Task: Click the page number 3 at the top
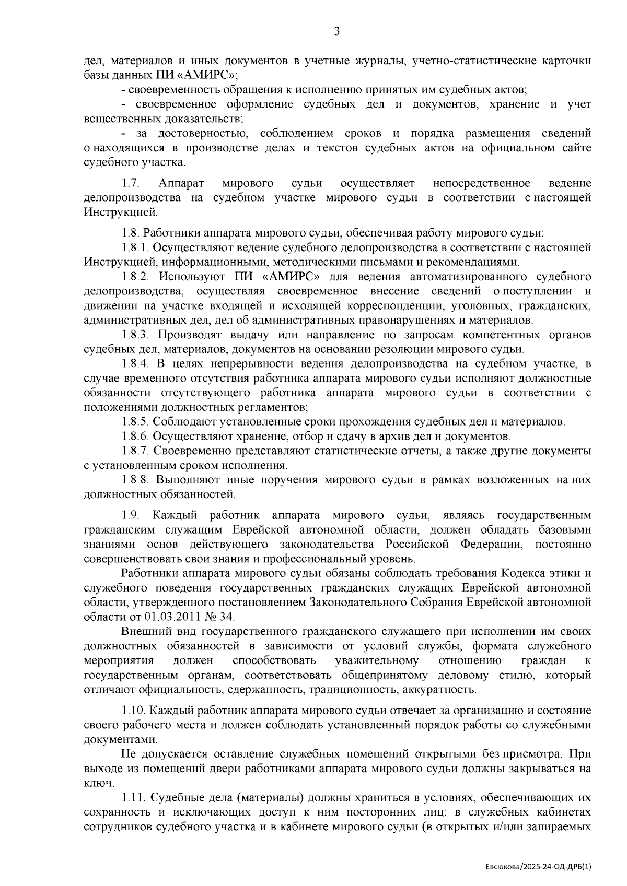(x=337, y=32)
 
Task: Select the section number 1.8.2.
(x=136, y=277)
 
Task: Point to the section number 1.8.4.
(x=136, y=363)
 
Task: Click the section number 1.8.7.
(x=136, y=451)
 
